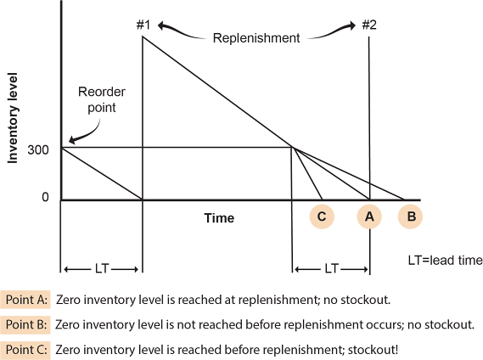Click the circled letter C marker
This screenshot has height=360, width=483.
322,217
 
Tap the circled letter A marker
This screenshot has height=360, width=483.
369,217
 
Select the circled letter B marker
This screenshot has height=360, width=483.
410,217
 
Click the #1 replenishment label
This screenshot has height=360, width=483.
143,25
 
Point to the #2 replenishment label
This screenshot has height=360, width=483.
369,25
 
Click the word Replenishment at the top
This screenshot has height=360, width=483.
256,38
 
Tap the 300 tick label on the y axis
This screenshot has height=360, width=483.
38,150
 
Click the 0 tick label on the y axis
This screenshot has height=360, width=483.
45,197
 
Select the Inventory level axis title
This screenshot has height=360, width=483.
13,118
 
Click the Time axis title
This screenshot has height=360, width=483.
219,218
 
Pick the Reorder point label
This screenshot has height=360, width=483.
102,100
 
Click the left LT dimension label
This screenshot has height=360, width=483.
102,269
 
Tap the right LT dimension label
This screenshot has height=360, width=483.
332,269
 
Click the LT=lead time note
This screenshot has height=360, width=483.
446,261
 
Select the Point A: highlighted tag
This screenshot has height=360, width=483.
25,300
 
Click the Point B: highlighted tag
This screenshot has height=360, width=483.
25,324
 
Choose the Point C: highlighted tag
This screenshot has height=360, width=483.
25,350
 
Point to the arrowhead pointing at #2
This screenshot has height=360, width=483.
352,25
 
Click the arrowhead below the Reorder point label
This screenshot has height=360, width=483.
72,140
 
